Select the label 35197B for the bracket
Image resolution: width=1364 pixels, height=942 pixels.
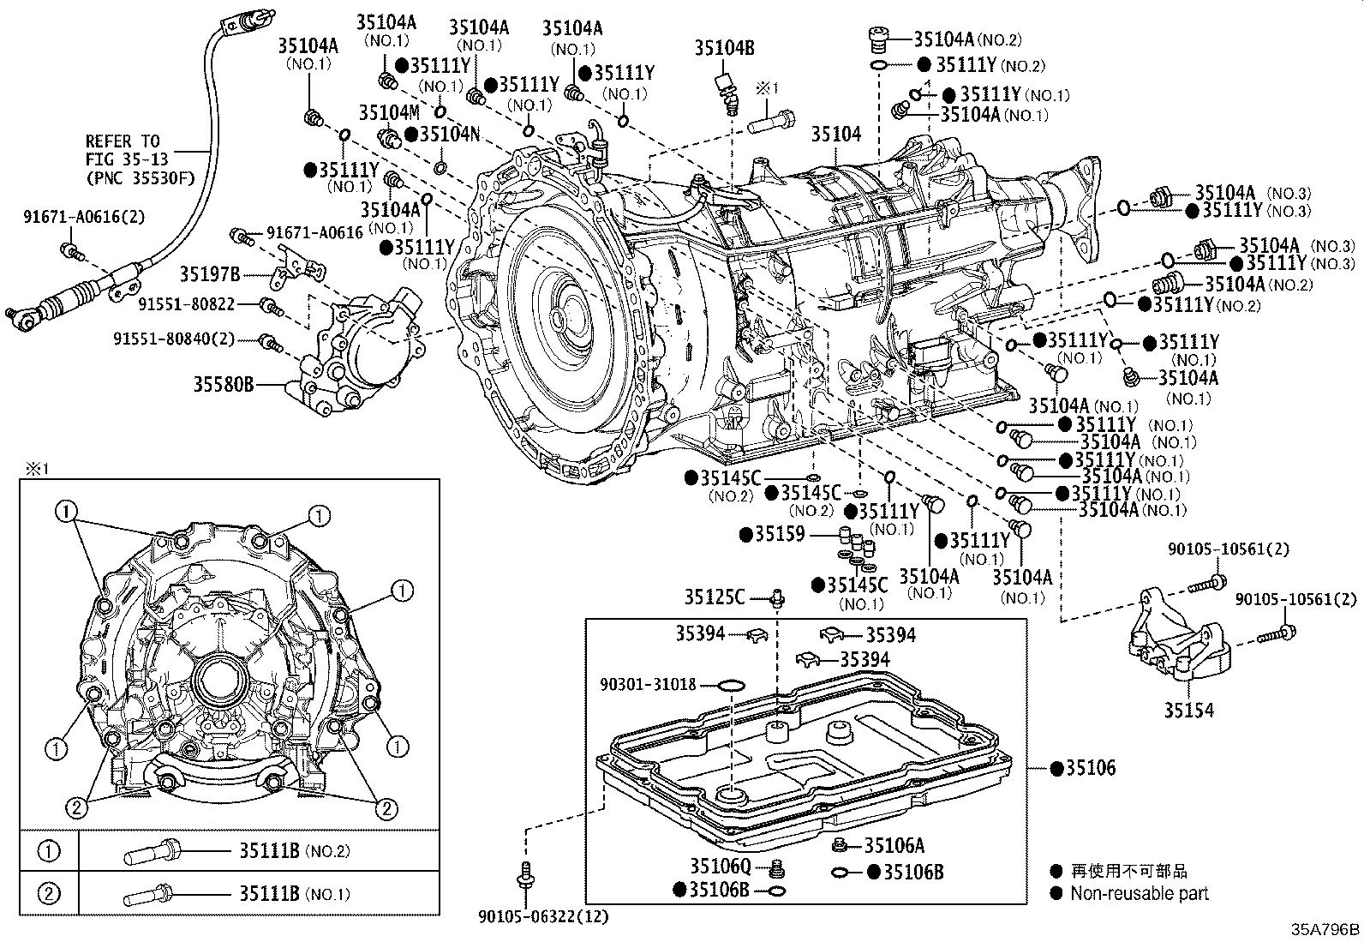[x=209, y=274]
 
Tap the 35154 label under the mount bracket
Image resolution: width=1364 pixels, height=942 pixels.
[x=1188, y=711]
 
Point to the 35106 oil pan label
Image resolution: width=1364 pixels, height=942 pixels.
[x=1090, y=768]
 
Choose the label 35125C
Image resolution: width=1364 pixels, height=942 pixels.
[x=714, y=597]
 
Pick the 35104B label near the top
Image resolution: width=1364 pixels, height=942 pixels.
[x=724, y=49]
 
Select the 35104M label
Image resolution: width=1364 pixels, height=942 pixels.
[x=388, y=112]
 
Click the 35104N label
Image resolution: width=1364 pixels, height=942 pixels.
[x=448, y=134]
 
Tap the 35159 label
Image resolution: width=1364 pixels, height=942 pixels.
[x=779, y=535]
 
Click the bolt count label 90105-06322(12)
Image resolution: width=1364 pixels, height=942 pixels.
[x=543, y=916]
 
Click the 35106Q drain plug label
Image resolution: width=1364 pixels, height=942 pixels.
[x=720, y=867]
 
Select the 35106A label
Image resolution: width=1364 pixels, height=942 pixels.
[x=894, y=846]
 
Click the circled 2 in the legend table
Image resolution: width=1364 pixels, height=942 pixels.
[x=49, y=894]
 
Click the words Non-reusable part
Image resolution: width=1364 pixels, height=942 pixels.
[x=1139, y=893]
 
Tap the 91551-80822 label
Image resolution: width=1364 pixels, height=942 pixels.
[x=186, y=303]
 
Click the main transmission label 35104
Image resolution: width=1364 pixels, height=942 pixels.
[x=836, y=135]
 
